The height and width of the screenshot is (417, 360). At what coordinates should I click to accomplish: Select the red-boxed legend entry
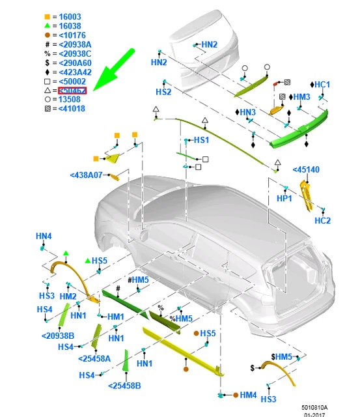[72, 90]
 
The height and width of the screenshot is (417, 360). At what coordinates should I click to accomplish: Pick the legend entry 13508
[69, 100]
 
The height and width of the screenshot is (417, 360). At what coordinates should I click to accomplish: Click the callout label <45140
[306, 169]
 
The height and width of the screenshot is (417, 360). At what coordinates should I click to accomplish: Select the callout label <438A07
[87, 175]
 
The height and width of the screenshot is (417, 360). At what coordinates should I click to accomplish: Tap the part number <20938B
[59, 336]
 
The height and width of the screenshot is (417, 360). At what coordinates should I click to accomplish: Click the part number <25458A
[94, 358]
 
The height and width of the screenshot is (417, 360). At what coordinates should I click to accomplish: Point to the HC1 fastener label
[322, 85]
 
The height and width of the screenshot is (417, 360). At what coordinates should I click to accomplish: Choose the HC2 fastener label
[322, 221]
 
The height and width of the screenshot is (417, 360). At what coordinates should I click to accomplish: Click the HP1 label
[284, 198]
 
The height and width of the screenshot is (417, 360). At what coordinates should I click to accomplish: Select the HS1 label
[201, 140]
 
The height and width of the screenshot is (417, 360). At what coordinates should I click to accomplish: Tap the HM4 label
[248, 395]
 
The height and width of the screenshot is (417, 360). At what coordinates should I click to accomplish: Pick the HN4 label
[44, 235]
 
